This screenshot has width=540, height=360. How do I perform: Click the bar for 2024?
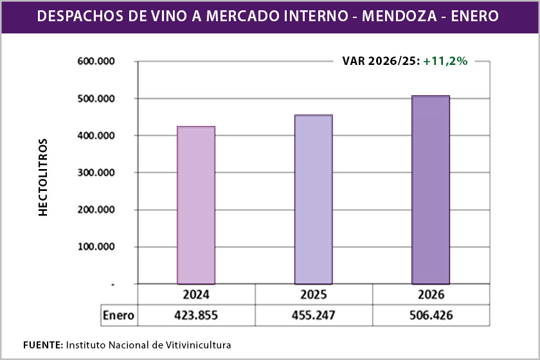click(x=196, y=204)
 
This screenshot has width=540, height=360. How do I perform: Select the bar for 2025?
click(x=314, y=199)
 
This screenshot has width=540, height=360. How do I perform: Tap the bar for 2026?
click(x=431, y=189)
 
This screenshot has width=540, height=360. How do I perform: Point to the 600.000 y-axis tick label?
click(x=96, y=62)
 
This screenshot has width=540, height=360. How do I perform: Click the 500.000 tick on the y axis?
click(x=96, y=99)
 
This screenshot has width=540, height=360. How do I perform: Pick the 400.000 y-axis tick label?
click(x=96, y=136)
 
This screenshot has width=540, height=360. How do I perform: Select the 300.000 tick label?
click(x=96, y=173)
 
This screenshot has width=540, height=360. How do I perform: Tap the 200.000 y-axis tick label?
click(x=96, y=210)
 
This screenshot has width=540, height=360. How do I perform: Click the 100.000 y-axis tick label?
click(x=96, y=247)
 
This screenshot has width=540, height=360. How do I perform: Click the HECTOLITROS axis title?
click(x=43, y=176)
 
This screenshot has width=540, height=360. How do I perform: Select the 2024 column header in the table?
click(x=196, y=295)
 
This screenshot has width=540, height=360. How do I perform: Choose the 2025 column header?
click(x=314, y=295)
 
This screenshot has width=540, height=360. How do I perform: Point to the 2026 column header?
click(x=431, y=295)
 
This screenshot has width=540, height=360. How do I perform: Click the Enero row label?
click(x=119, y=316)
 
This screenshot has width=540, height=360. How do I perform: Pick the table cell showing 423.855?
click(x=196, y=316)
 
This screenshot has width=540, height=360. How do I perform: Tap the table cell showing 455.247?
click(x=314, y=316)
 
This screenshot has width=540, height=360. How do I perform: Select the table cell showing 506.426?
click(x=431, y=316)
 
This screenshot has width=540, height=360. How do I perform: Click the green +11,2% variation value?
click(x=445, y=61)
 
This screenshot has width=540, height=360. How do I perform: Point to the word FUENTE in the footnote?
click(x=42, y=345)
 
